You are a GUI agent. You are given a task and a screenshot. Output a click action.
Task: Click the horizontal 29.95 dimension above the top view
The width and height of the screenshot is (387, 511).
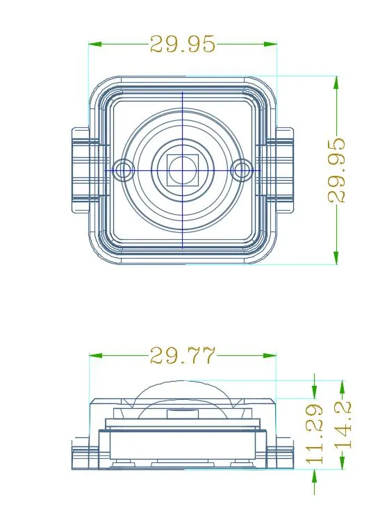[x=183, y=44]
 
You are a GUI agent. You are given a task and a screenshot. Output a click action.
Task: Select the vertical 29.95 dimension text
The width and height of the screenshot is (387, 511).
[x=336, y=170]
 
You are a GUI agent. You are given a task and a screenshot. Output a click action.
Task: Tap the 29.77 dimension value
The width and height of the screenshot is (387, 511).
[x=183, y=355]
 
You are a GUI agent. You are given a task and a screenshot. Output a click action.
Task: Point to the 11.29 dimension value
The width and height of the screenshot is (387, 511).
[x=315, y=434]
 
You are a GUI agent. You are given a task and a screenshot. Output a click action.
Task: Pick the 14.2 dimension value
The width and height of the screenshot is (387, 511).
[x=343, y=425]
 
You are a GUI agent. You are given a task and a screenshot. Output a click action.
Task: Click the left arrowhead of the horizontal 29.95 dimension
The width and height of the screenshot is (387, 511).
[x=95, y=44]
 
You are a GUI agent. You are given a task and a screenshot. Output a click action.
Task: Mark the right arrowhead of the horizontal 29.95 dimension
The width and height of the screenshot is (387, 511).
[x=270, y=44]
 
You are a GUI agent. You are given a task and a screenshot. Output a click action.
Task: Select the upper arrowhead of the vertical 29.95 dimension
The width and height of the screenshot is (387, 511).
[x=336, y=83]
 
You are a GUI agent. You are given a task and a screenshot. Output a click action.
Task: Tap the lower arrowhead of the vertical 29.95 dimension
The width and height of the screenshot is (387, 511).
[x=336, y=257]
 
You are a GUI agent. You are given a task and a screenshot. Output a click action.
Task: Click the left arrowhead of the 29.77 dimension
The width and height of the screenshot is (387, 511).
[x=95, y=355]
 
